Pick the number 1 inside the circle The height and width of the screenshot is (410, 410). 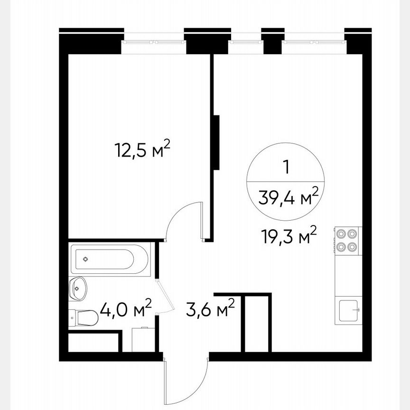(286, 167)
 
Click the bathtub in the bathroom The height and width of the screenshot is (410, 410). (110, 259)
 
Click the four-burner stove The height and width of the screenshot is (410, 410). (347, 240)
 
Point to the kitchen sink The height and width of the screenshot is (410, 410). (349, 311)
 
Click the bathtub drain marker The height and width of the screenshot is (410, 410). (85, 259)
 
